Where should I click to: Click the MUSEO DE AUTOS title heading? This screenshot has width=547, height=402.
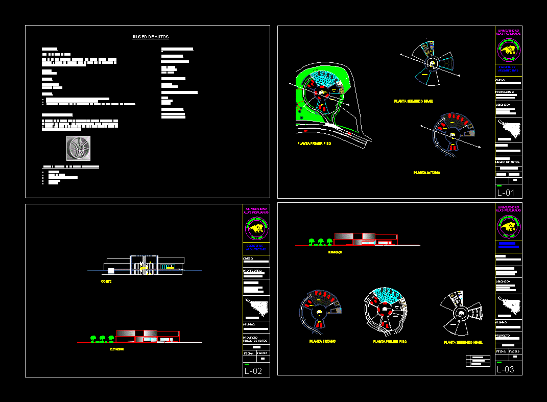(x=151, y=37)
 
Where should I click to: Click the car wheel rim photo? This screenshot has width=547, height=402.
(x=78, y=148)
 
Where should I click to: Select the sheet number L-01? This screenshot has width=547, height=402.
(x=506, y=193)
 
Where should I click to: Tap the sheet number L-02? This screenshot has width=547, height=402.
(x=253, y=371)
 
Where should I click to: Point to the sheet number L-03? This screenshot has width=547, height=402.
(x=506, y=369)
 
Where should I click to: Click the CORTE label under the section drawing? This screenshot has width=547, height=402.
(x=106, y=281)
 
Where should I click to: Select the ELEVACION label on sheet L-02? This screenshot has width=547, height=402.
(x=117, y=349)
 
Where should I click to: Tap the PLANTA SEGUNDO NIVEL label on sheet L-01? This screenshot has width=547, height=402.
(x=413, y=102)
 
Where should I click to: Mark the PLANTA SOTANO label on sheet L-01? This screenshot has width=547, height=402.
(x=426, y=173)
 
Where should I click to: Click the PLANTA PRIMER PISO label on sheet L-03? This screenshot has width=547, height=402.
(x=390, y=342)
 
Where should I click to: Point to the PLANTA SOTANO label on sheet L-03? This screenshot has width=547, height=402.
(x=322, y=341)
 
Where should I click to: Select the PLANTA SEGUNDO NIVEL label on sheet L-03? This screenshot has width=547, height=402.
(x=463, y=342)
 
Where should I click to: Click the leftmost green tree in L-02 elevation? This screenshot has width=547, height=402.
(x=93, y=338)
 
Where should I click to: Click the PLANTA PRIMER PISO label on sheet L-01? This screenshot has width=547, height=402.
(x=314, y=144)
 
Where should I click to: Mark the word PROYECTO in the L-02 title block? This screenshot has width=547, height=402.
(x=251, y=337)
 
